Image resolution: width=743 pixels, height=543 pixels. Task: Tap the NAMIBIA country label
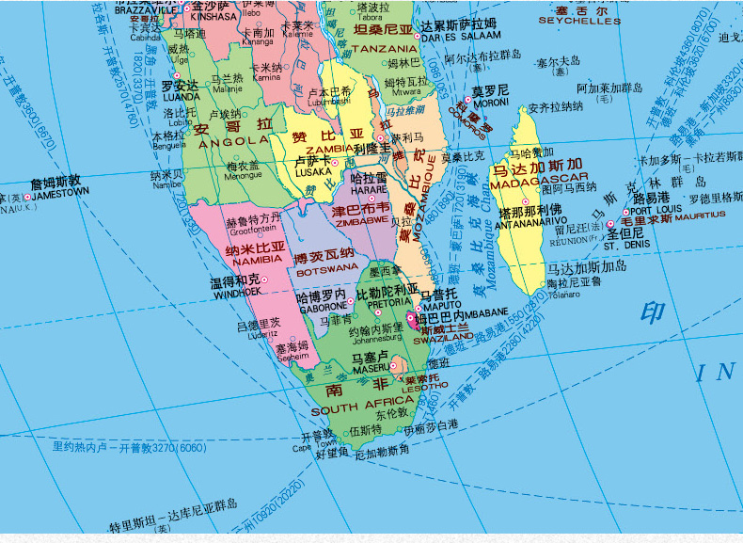[x=255, y=258]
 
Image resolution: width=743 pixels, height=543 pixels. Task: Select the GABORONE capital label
[x=324, y=306]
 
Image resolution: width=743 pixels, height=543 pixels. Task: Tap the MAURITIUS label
[x=691, y=216]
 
